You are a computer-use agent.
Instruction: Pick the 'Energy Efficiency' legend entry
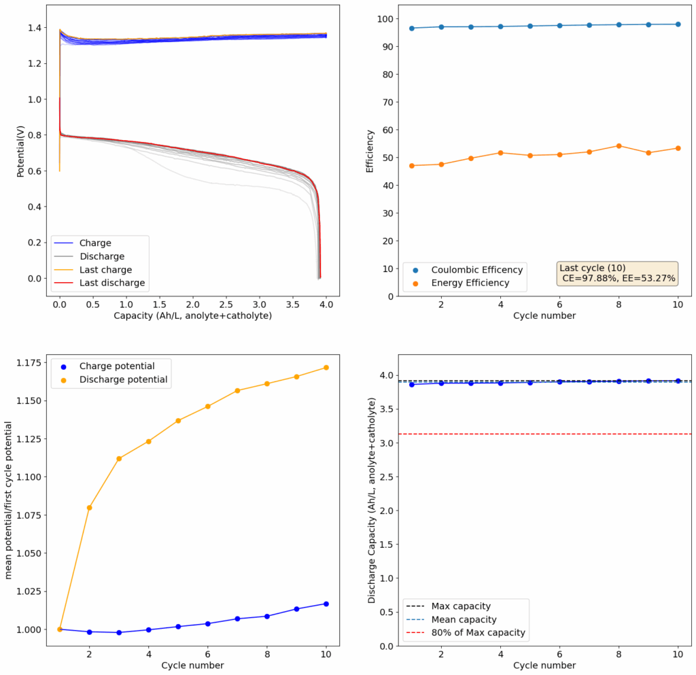[x=470, y=283]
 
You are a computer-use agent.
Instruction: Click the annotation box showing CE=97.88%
[x=618, y=273]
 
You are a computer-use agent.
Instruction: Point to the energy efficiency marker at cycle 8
[x=619, y=146]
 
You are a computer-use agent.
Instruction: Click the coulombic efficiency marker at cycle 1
[x=412, y=28]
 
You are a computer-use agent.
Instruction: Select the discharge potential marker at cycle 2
[x=89, y=508]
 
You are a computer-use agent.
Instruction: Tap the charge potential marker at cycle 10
[x=326, y=604]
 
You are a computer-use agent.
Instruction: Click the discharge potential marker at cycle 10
[x=326, y=368]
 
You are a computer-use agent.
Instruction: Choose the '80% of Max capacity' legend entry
[x=478, y=633]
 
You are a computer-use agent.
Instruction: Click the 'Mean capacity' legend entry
[x=464, y=619]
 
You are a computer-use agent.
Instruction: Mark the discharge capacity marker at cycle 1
[x=412, y=385]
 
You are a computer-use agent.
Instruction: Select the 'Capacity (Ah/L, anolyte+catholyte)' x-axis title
[x=192, y=315]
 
